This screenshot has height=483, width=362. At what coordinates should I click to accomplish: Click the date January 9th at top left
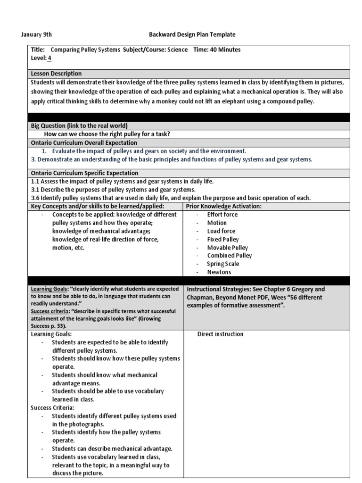[x=37, y=34]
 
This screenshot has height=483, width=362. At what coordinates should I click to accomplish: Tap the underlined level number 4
[x=49, y=58]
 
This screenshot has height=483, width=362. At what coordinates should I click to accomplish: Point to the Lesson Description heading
[x=56, y=74]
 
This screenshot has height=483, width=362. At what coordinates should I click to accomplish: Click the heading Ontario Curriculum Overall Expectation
[x=84, y=142]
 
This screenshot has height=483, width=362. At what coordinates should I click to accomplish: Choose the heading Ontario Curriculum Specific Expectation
[x=84, y=173]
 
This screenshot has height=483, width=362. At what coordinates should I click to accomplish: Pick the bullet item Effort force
[x=222, y=215]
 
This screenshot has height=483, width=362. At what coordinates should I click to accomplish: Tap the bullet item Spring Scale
[x=224, y=264]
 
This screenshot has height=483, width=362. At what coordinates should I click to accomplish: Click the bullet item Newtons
[x=219, y=272]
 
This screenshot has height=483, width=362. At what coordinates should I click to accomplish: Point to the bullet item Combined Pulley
[x=230, y=256]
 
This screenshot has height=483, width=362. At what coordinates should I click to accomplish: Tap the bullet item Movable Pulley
[x=228, y=248]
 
